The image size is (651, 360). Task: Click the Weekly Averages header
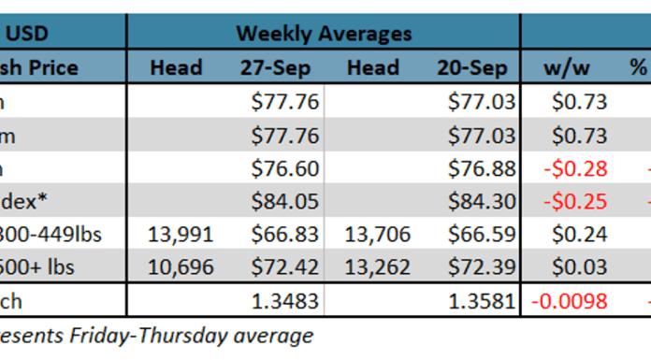pyautogui.click(x=323, y=34)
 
